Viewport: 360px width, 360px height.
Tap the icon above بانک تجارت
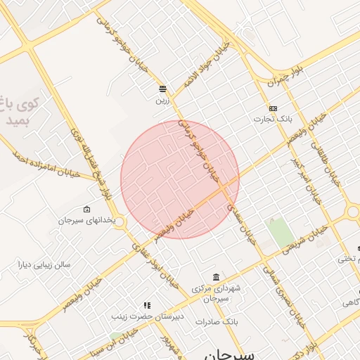point(273,108)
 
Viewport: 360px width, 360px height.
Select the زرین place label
point(162,100)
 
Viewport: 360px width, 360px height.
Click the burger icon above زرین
point(163,89)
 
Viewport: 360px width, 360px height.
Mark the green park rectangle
point(281,233)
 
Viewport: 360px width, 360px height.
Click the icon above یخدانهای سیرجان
point(86,210)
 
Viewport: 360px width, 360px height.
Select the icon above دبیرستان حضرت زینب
point(147,305)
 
